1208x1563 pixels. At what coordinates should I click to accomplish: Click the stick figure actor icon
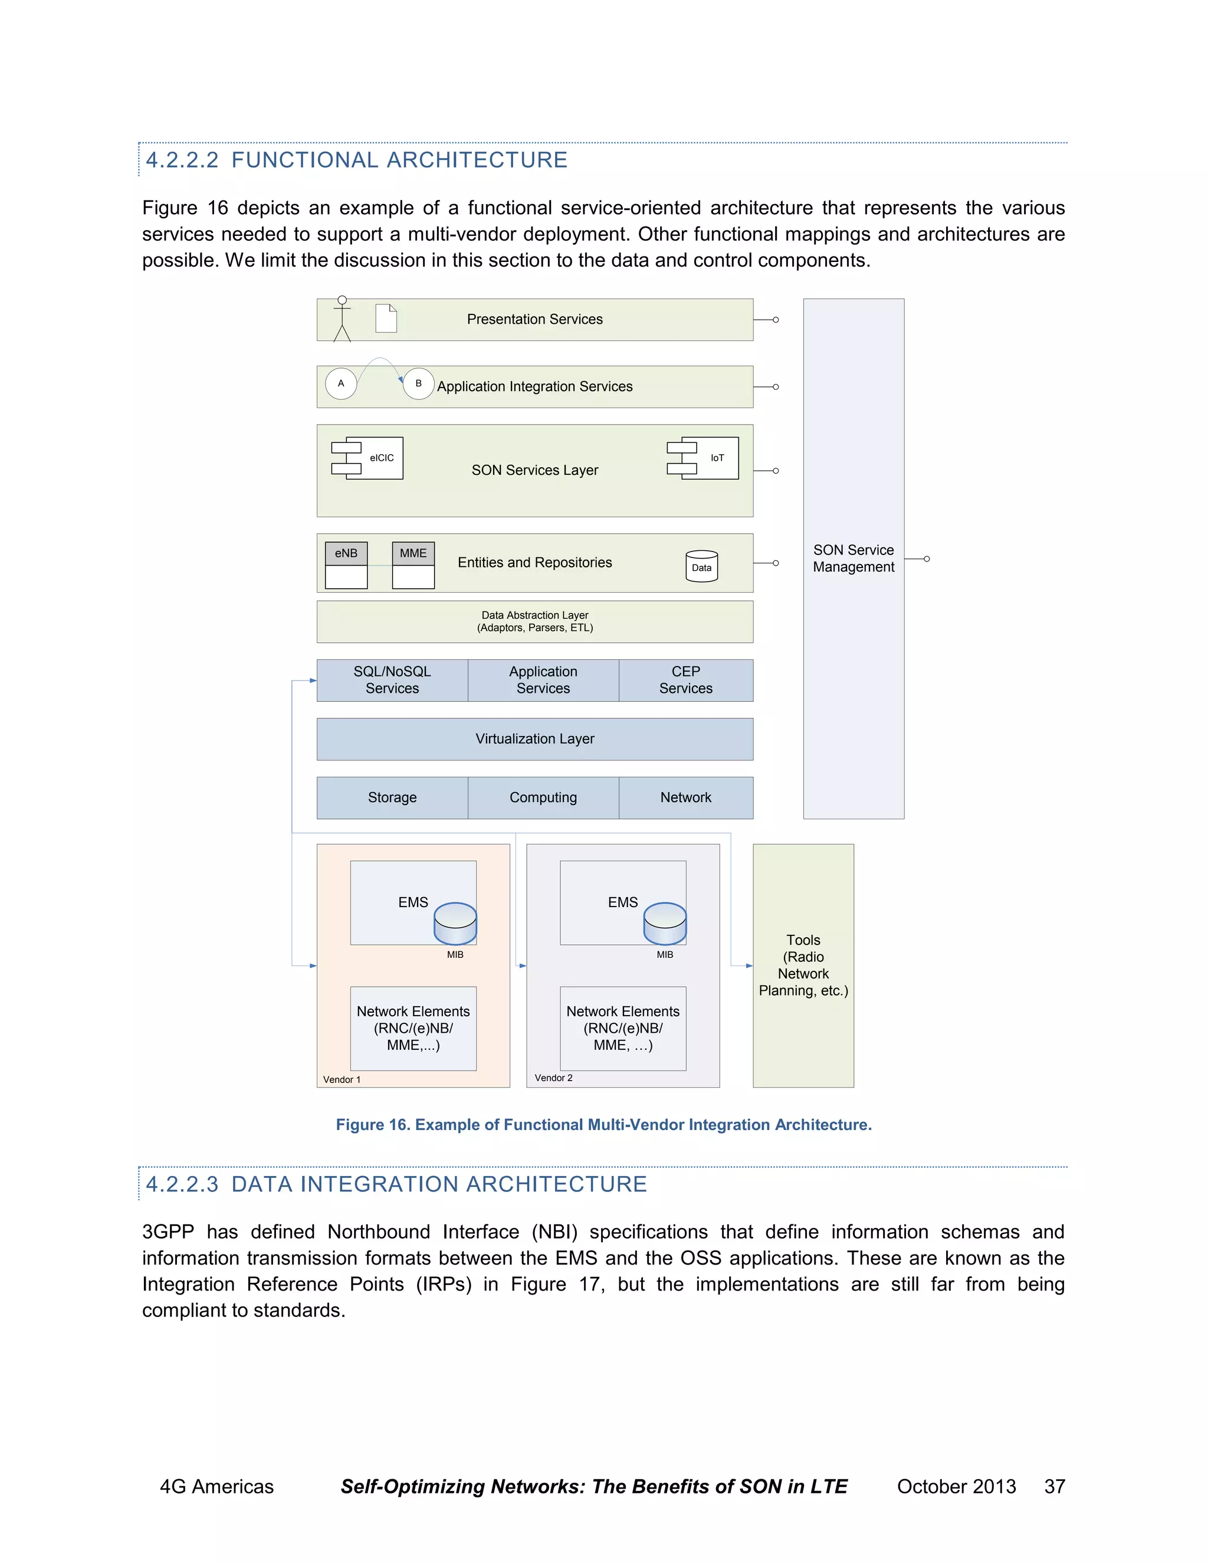pos(342,319)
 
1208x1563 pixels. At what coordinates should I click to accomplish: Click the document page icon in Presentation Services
pos(386,318)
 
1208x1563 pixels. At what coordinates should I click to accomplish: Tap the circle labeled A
pos(341,383)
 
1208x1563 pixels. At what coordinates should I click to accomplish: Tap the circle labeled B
pos(419,383)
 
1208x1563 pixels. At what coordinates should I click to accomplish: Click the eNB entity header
pos(346,553)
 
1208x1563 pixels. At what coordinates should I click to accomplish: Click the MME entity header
pos(413,553)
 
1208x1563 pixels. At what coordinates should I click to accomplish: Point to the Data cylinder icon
pos(701,566)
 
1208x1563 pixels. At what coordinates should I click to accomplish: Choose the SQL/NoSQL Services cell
pos(392,680)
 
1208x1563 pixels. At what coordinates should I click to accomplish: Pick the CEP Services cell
pos(685,680)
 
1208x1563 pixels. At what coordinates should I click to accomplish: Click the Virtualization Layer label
pos(534,738)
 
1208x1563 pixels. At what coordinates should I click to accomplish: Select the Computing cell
pos(543,797)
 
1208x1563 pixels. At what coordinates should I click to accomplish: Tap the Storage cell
pos(392,797)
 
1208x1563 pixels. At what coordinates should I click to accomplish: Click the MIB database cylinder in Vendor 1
pos(455,924)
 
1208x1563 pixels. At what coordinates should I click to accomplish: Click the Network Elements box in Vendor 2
pos(623,1029)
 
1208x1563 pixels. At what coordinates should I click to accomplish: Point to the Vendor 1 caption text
pos(342,1079)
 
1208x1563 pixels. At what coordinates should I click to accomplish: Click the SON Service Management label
pos(853,558)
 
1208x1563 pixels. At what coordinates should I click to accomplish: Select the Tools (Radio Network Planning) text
pos(803,966)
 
